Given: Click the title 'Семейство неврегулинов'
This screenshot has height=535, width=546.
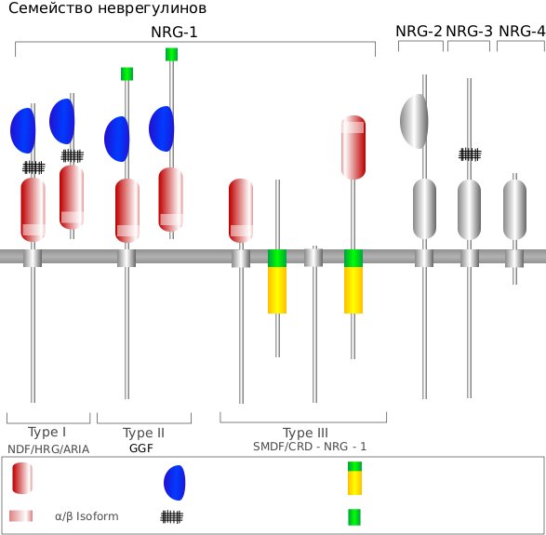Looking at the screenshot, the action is click(107, 8).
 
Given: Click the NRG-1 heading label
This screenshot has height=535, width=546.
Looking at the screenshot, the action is click(174, 33).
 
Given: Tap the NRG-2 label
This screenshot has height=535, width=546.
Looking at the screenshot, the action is click(419, 32).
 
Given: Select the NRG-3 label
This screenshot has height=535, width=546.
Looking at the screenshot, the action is click(470, 32).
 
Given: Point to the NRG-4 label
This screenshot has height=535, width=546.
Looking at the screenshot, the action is click(522, 32).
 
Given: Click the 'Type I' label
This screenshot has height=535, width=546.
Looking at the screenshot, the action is click(47, 433).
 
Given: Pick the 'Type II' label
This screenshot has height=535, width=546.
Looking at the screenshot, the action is click(143, 433).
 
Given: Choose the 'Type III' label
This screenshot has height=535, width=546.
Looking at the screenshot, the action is click(305, 433).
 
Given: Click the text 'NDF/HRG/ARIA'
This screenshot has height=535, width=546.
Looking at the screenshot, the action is click(48, 449).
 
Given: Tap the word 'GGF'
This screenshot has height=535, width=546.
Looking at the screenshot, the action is click(141, 448).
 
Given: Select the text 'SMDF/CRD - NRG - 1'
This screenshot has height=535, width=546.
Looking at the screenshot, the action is click(310, 447).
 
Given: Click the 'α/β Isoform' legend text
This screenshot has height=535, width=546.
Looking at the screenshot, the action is click(87, 516).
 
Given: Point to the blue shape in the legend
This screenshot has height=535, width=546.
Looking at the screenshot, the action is click(175, 483).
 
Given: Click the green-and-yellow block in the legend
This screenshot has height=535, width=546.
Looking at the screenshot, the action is click(354, 478).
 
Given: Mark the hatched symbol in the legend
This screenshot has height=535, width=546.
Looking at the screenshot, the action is click(172, 517).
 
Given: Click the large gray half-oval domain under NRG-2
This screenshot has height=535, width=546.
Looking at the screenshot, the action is click(414, 121).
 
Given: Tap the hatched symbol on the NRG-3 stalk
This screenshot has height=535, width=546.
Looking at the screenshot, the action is click(470, 154).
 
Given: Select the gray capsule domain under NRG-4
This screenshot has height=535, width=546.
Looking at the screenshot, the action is click(514, 209).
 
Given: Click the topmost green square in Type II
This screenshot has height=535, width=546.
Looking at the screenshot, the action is click(172, 54).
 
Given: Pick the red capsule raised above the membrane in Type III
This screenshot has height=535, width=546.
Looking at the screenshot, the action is click(353, 147).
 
